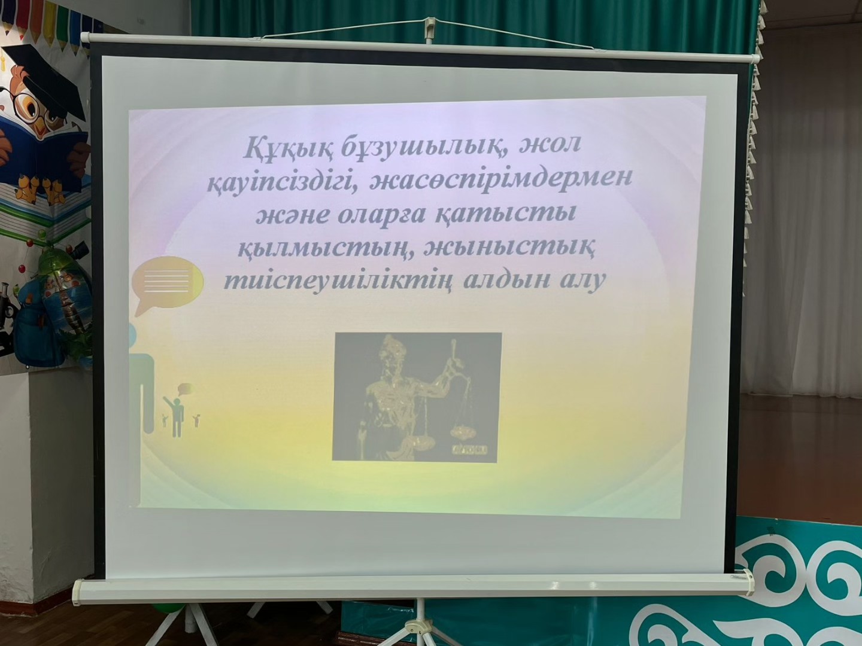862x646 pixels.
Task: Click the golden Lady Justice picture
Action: pos(417,397)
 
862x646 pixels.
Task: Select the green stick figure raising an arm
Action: pos(175,416)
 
